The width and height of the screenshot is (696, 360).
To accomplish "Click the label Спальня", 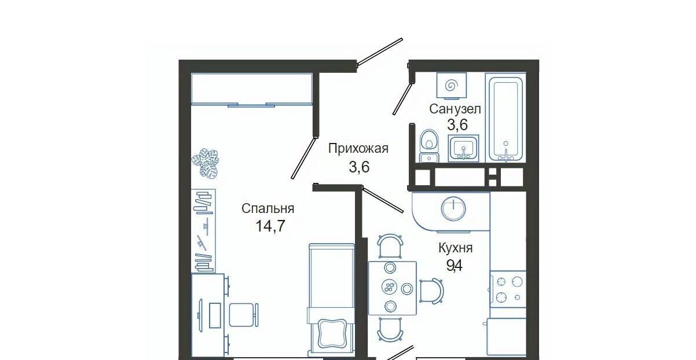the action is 268,208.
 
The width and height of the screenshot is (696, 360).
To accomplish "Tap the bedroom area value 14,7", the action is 270,226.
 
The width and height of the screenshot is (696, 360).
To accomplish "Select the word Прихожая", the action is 358,149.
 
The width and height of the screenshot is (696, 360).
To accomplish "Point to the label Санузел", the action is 455,109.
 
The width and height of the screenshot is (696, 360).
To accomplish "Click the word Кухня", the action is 456,248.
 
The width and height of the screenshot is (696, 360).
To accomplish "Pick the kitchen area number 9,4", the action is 455,266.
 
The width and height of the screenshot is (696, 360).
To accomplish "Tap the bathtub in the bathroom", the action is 505,117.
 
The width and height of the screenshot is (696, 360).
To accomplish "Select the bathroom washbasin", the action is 463,149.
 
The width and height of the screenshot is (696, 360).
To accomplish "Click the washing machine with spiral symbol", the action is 452,85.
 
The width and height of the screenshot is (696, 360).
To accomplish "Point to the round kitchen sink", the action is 453,209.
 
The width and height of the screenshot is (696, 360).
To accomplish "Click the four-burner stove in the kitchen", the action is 508,289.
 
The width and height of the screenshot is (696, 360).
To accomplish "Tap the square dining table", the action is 393,288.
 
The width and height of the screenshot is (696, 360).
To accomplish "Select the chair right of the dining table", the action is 431,291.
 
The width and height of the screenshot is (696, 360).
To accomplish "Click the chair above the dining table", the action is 391,246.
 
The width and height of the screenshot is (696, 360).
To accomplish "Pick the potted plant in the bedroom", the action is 205,163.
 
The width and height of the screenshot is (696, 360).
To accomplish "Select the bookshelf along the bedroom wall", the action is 203,230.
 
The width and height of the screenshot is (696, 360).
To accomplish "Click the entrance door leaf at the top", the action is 380,52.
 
